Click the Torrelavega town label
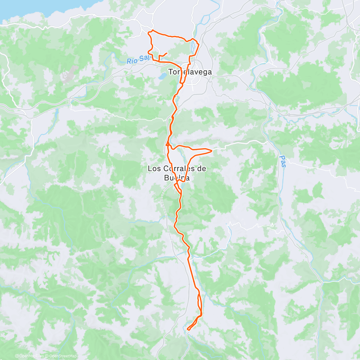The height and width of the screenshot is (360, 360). [190, 72]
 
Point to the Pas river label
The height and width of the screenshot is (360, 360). [282, 161]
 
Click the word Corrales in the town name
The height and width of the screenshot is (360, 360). [177, 169]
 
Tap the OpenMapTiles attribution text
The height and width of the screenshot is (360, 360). [31, 356]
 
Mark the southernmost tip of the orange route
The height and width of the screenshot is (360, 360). [188, 330]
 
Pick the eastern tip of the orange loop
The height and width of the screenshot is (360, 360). [212, 150]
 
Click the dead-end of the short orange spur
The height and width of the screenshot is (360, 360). [166, 53]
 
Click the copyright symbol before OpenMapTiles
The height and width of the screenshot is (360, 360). [17, 356]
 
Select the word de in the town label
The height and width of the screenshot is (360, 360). [202, 169]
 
